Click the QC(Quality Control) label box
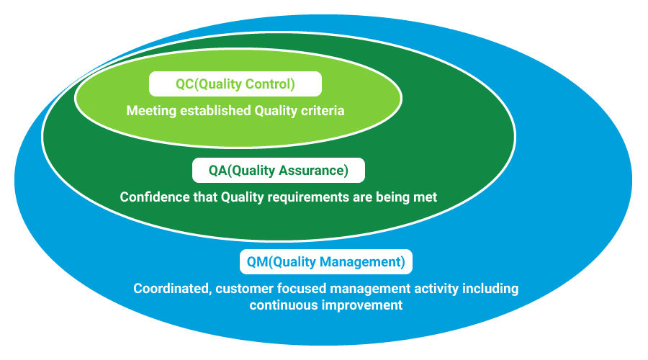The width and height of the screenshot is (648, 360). click(x=235, y=84)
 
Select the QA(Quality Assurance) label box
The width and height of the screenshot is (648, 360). click(x=279, y=171)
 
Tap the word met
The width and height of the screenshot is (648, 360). click(x=425, y=197)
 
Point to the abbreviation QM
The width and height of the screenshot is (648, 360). click(x=257, y=261)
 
